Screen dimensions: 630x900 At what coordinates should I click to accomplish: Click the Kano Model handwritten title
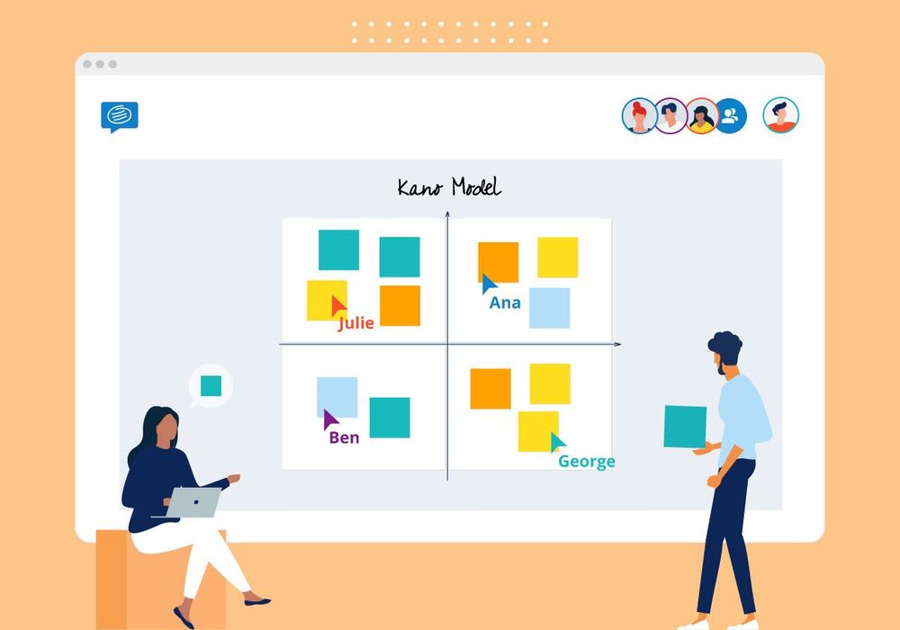[449, 187]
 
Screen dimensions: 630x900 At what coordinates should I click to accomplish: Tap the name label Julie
[355, 323]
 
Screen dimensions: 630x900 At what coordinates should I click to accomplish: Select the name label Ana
[505, 303]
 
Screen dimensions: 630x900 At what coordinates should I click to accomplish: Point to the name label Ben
[344, 438]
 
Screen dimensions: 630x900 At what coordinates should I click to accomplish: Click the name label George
[587, 462]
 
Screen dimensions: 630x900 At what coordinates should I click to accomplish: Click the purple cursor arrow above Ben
[330, 419]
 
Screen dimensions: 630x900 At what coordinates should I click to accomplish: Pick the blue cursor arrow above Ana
[489, 284]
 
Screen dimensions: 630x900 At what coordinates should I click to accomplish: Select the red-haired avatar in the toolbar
[639, 116]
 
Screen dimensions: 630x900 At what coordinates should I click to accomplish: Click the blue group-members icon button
[730, 116]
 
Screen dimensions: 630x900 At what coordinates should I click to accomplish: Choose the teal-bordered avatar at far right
[780, 115]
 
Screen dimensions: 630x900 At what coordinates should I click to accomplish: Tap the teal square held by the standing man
[685, 427]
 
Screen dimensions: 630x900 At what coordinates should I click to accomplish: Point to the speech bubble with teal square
[211, 387]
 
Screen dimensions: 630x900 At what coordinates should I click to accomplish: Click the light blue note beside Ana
[549, 308]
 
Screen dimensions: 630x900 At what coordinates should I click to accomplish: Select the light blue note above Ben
[337, 395]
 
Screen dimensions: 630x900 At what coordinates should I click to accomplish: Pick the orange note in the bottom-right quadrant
[490, 389]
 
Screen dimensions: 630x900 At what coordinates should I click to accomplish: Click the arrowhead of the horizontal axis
[617, 345]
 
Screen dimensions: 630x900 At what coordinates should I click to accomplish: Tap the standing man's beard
[721, 369]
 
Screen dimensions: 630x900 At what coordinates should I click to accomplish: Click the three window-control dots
[99, 65]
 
